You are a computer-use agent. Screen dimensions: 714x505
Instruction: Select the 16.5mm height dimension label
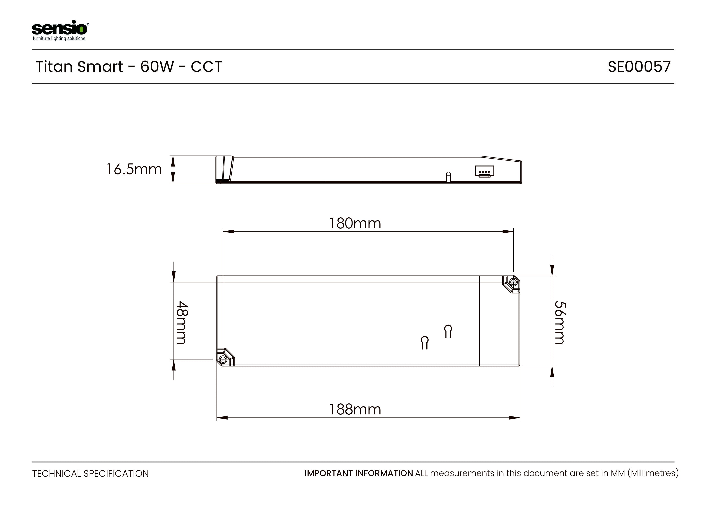click(134, 170)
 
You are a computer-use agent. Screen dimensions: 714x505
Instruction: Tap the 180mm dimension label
click(355, 223)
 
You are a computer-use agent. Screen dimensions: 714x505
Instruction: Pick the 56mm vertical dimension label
click(560, 322)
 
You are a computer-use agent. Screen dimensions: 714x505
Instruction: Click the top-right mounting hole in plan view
click(514, 282)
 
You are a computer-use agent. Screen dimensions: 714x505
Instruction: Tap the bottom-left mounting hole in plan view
click(223, 360)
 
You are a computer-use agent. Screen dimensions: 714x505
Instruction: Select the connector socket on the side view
click(484, 171)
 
